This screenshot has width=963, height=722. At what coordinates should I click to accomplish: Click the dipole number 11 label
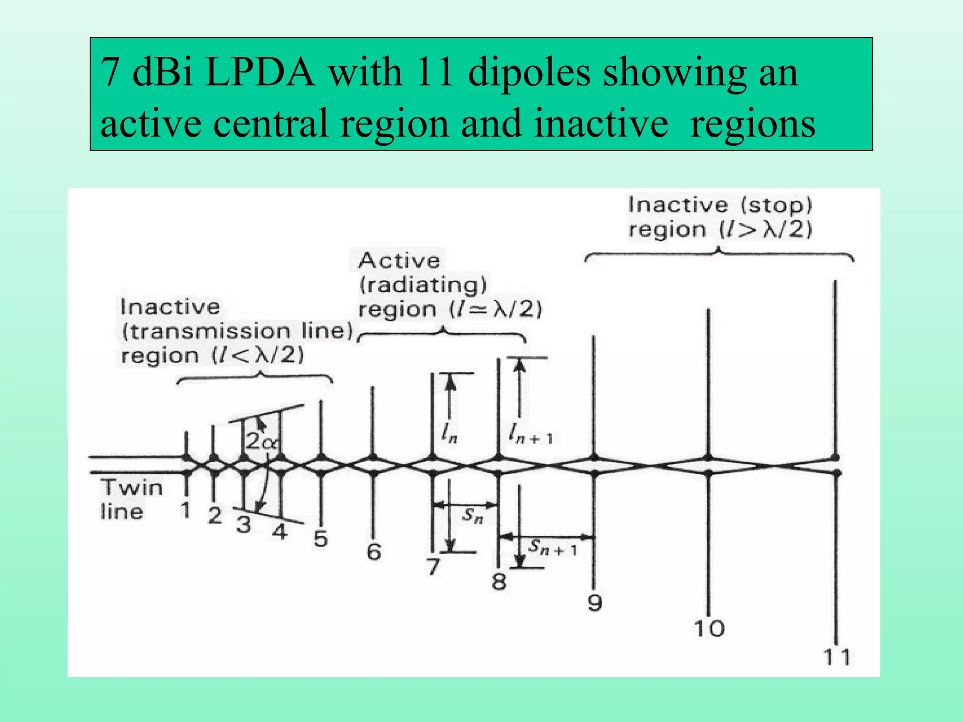(837, 657)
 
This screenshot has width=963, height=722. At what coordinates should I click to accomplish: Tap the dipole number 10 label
(709, 628)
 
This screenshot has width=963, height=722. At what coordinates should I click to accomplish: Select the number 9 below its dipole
(595, 602)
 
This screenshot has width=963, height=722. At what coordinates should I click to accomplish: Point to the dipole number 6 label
(374, 552)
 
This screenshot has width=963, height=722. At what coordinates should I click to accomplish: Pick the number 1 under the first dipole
(186, 510)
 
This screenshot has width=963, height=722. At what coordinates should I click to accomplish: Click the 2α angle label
(261, 441)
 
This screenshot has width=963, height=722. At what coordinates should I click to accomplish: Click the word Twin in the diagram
(132, 487)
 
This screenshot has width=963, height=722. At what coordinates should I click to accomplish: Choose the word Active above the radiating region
(399, 260)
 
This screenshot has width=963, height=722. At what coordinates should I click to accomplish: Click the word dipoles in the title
(529, 73)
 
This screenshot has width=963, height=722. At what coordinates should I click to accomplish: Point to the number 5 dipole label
(321, 539)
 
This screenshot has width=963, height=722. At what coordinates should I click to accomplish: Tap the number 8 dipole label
(499, 582)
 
